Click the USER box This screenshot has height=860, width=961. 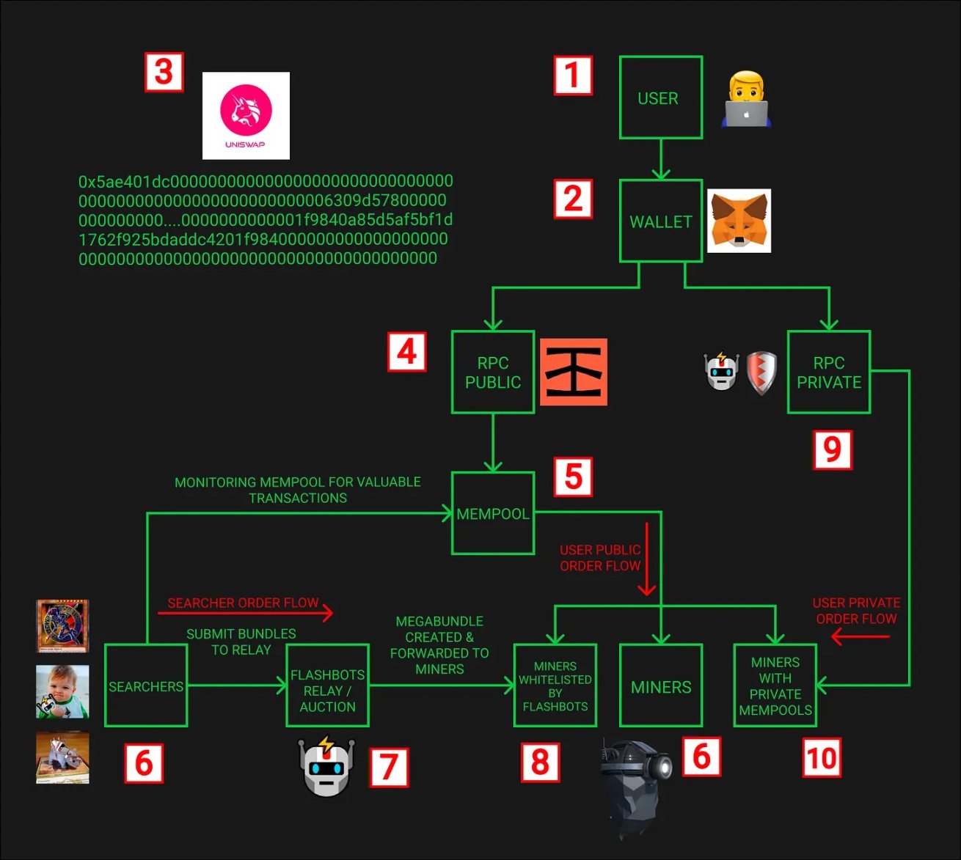pyautogui.click(x=660, y=98)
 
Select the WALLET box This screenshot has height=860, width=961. pyautogui.click(x=660, y=221)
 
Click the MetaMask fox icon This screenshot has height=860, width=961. pyautogui.click(x=739, y=221)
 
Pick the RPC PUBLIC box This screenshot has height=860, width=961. pyautogui.click(x=492, y=372)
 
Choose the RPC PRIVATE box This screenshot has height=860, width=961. pyautogui.click(x=828, y=372)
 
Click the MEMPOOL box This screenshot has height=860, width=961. pyautogui.click(x=492, y=513)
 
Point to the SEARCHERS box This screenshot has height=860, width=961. pyautogui.click(x=146, y=686)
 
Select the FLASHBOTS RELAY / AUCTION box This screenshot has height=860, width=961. pyautogui.click(x=327, y=686)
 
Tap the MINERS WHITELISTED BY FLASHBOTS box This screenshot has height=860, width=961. pyautogui.click(x=555, y=686)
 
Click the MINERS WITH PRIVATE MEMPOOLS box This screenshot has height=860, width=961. pyautogui.click(x=775, y=686)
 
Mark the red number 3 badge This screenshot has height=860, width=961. pyautogui.click(x=164, y=72)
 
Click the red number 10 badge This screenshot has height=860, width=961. pyautogui.click(x=821, y=758)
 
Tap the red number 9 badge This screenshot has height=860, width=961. pyautogui.click(x=832, y=449)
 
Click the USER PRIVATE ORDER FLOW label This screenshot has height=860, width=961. pyautogui.click(x=856, y=611)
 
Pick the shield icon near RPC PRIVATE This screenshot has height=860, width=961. pyautogui.click(x=761, y=373)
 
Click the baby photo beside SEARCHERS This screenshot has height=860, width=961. pyautogui.click(x=62, y=691)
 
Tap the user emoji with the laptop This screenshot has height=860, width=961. pyautogui.click(x=746, y=99)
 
